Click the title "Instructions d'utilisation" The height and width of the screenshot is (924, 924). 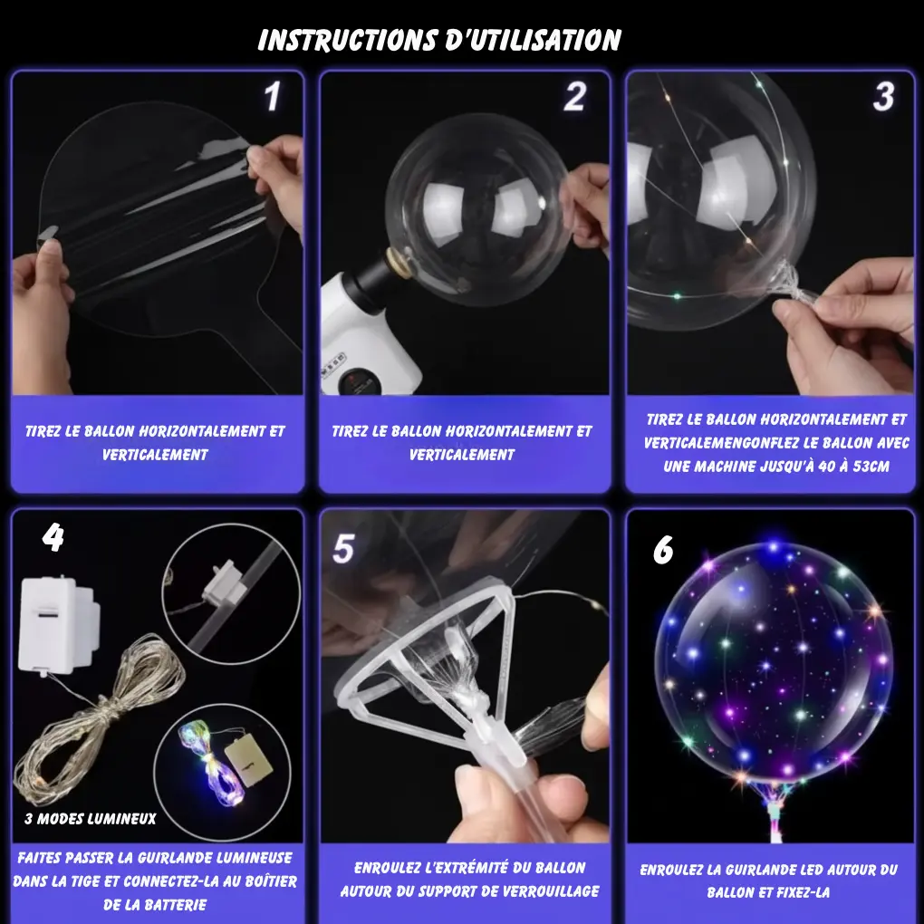pos(439,40)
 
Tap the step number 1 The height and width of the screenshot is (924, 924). pos(272,98)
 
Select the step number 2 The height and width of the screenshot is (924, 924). pos(574,98)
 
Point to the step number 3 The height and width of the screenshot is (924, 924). pos(883,97)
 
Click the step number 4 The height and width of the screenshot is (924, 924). pos(53,538)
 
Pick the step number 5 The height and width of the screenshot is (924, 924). pos(342,549)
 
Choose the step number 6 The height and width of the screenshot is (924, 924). pos(663,550)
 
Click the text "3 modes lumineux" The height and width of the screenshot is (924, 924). pos(90,819)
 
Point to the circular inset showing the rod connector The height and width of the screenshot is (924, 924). pos(230,592)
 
